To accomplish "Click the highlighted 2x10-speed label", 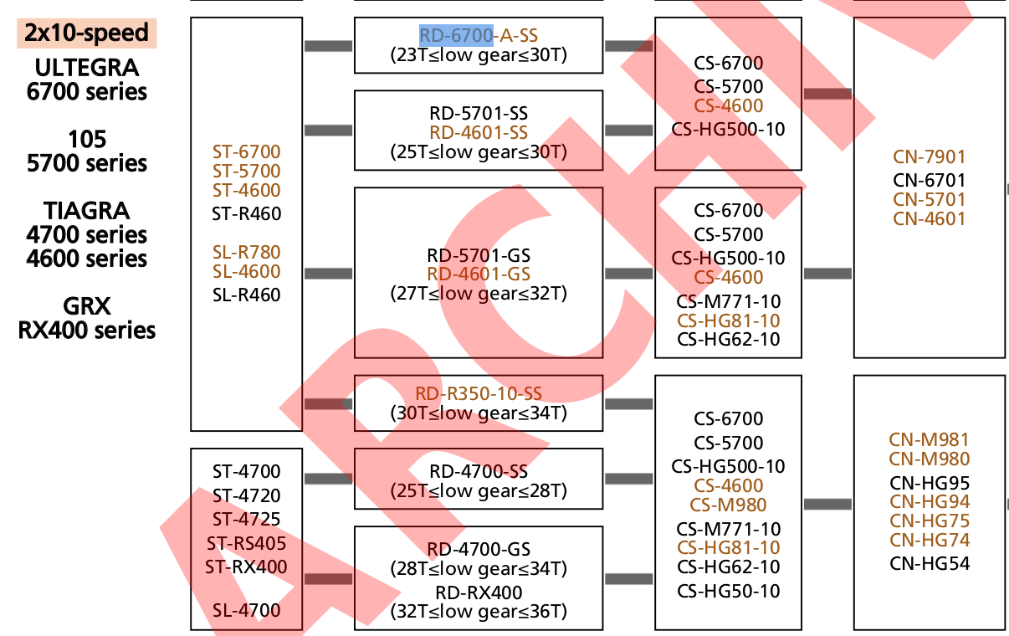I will click(x=86, y=33).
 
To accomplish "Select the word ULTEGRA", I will click(x=87, y=66).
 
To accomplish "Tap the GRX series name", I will click(x=87, y=305).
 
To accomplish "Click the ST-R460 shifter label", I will click(x=246, y=213).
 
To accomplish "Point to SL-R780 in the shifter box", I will click(x=246, y=252).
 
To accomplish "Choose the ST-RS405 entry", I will click(x=246, y=543).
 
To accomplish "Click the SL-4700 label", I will click(x=246, y=610).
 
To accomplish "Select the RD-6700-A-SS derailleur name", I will click(x=479, y=35).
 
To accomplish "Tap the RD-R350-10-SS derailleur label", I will click(x=479, y=393).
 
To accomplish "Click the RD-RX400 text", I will click(x=479, y=592).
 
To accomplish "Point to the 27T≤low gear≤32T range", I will click(x=479, y=294).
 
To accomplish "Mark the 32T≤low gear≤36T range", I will click(x=479, y=612).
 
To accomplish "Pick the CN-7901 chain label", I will click(x=929, y=156).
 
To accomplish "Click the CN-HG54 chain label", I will click(x=929, y=563).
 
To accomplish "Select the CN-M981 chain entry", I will click(x=929, y=439).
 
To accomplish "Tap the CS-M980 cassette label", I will click(x=728, y=505).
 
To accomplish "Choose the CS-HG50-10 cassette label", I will click(x=728, y=591).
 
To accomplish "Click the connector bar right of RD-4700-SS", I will click(x=628, y=479).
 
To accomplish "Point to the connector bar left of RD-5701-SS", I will click(x=328, y=130).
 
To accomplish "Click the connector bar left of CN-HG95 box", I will click(x=827, y=504).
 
